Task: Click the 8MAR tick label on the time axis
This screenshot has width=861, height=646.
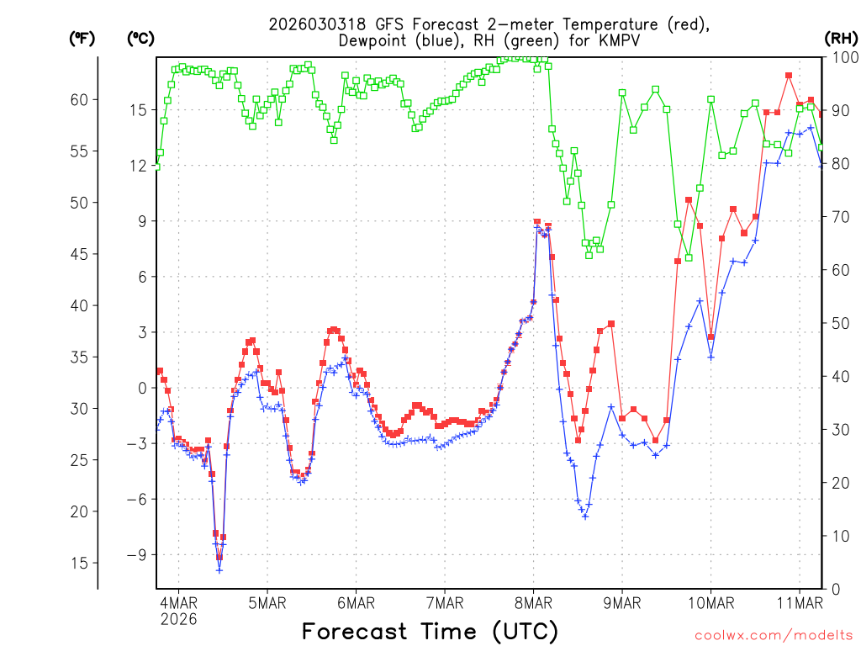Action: point(533,602)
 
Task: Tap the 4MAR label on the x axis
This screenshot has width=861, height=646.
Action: point(178,602)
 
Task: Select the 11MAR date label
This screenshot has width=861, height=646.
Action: point(799,602)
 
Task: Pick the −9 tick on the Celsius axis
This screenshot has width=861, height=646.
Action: point(136,554)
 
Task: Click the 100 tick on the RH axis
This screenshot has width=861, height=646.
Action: point(841,57)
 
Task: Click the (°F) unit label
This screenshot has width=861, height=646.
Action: point(82,38)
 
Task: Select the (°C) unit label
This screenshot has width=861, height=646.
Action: point(140,38)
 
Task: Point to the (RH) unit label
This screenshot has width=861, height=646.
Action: point(841,38)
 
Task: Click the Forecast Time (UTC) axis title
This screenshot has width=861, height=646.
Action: point(430,631)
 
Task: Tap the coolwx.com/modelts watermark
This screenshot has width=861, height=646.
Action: point(773,633)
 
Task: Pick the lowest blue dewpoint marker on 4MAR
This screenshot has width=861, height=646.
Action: point(219,570)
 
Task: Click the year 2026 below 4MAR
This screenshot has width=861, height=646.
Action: point(178,619)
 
